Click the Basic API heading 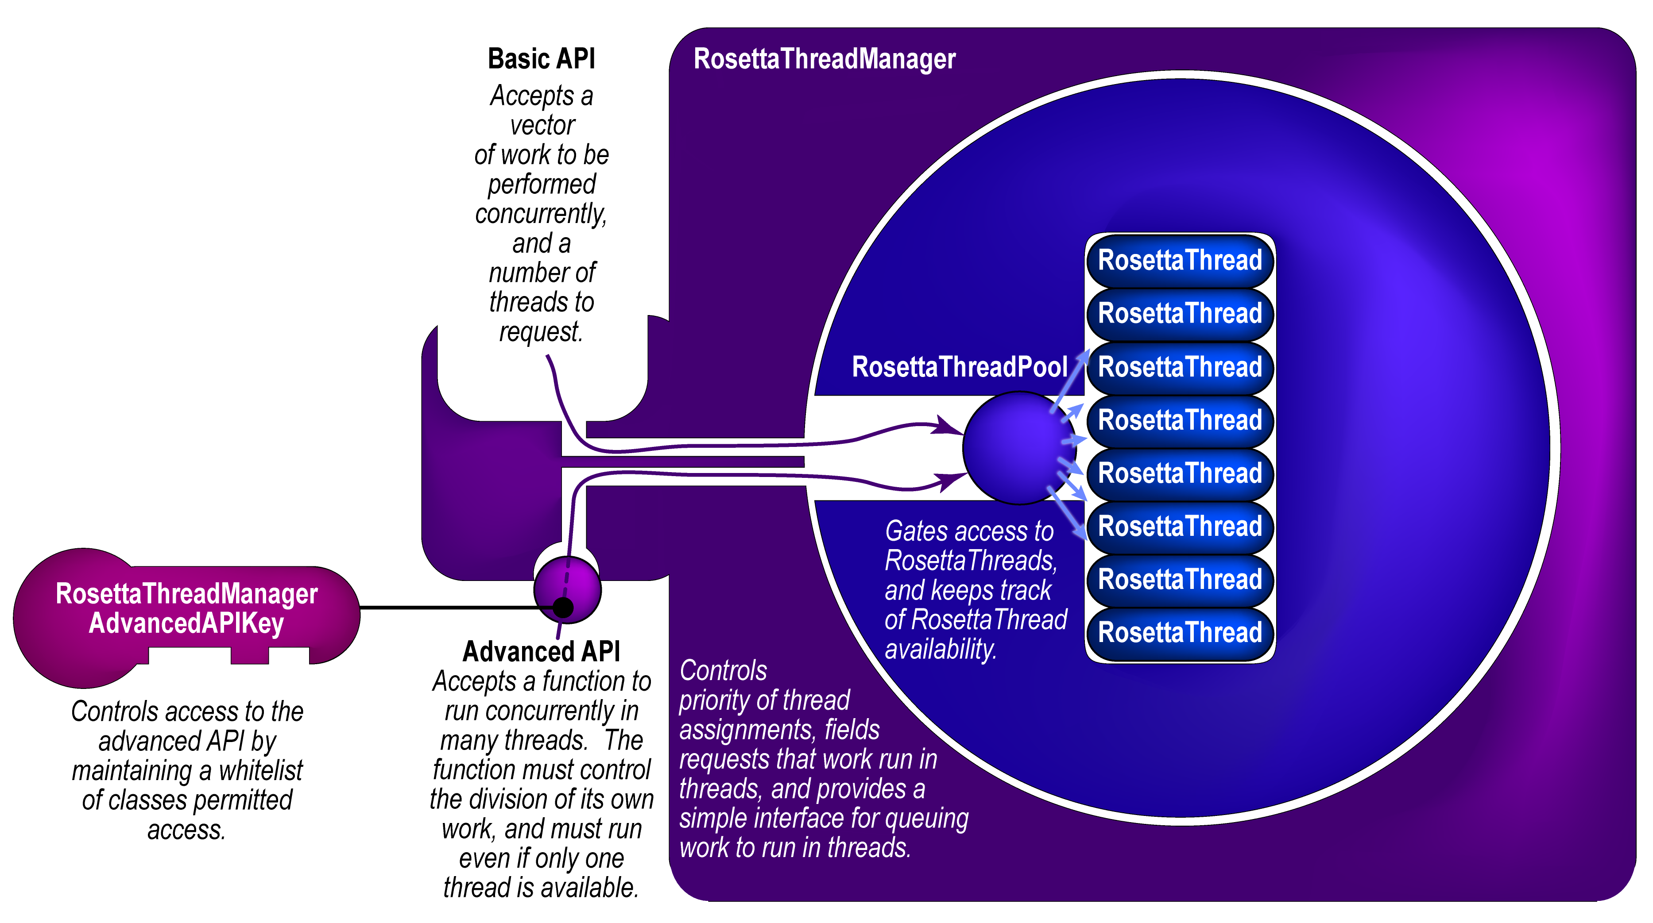click(x=541, y=59)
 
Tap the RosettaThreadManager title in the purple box click(x=825, y=59)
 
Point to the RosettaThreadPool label click(x=959, y=367)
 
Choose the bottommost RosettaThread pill click(x=1180, y=632)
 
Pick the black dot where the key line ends click(x=563, y=607)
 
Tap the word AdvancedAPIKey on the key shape click(x=186, y=623)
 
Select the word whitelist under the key click(x=260, y=770)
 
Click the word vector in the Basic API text click(x=542, y=125)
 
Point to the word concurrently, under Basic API click(x=541, y=214)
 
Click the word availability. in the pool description click(x=941, y=649)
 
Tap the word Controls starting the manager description click(x=723, y=671)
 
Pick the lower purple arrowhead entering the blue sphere click(x=950, y=481)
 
